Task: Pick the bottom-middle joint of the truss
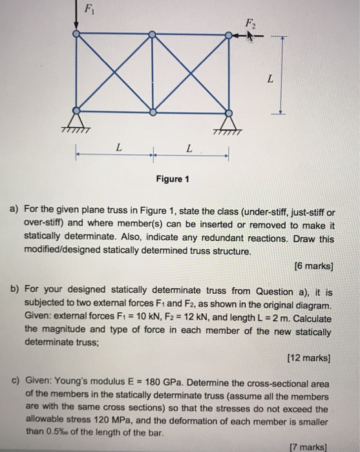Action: pos(153,111)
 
